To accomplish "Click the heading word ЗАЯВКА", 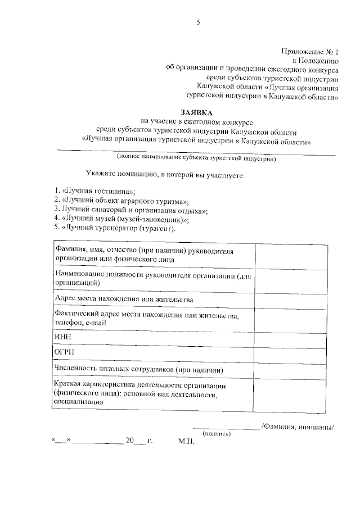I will (x=197, y=112).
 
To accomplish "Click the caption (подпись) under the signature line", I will (x=216, y=433).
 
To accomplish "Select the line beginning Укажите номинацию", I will (x=165, y=176).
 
